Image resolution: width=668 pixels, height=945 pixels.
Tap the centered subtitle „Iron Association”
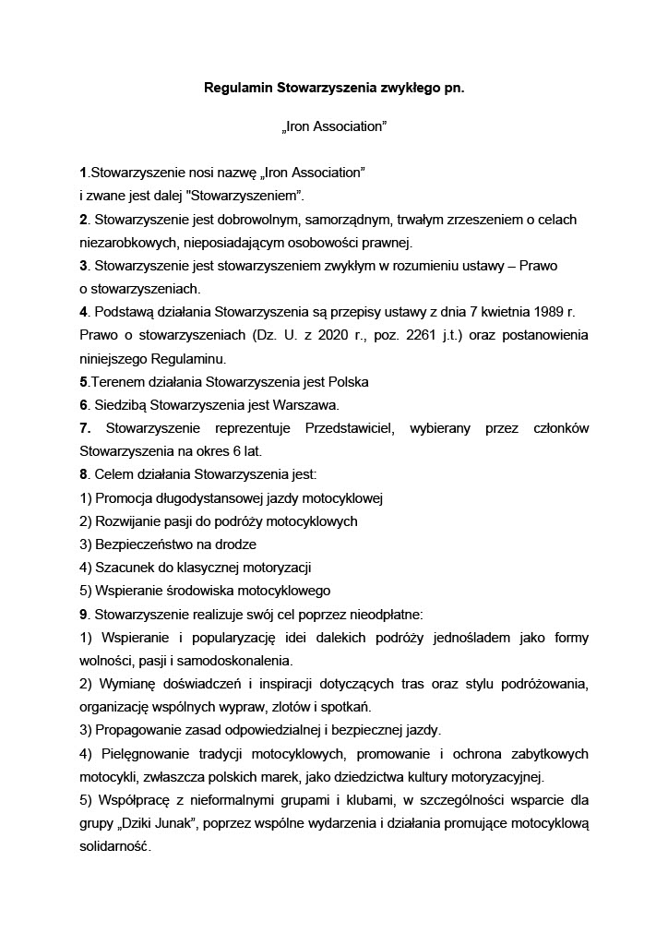pyautogui.click(x=333, y=127)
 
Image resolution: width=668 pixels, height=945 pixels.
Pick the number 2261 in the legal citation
pyautogui.click(x=434, y=336)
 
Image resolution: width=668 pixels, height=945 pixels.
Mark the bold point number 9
pyautogui.click(x=83, y=614)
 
